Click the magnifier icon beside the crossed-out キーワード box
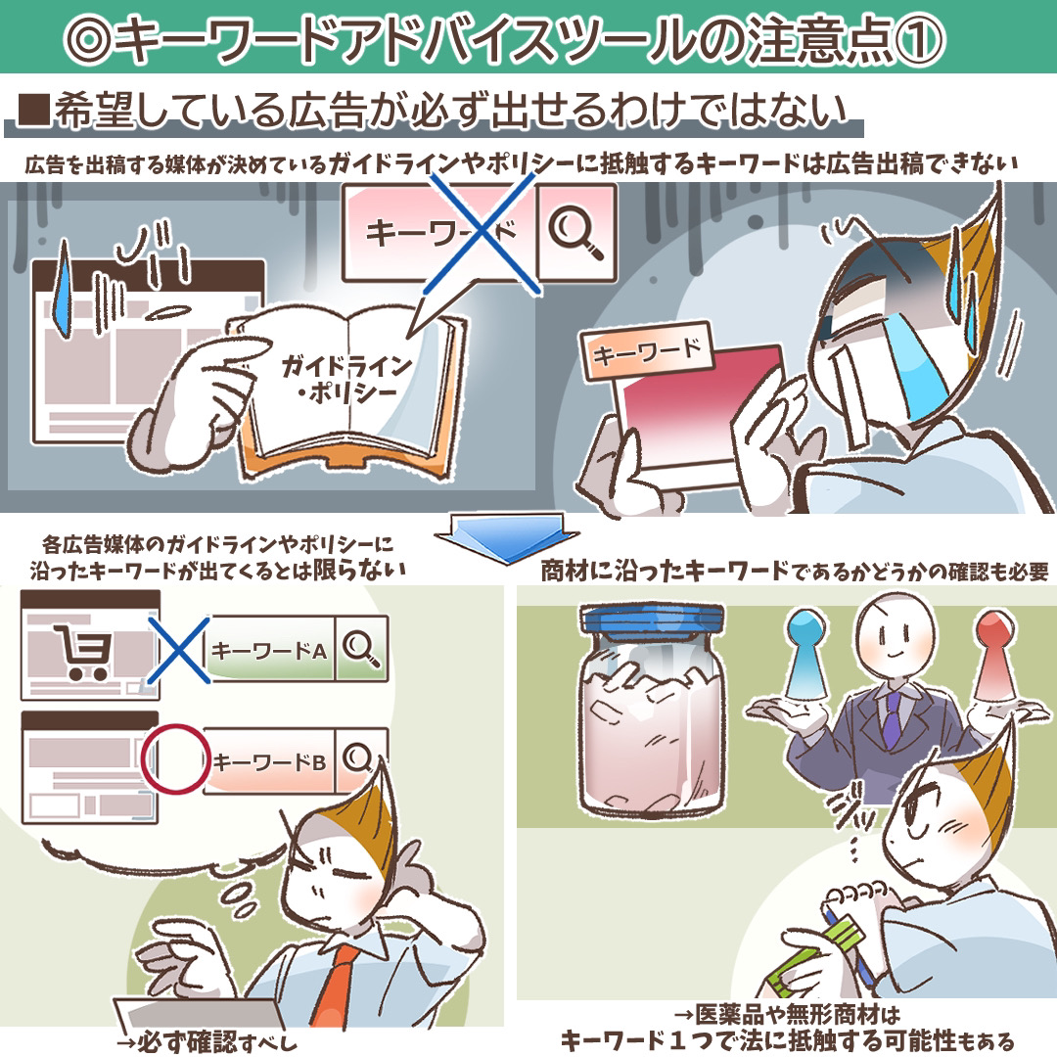click(575, 231)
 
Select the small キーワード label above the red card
click(646, 349)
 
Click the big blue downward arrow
click(506, 536)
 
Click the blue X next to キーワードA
click(178, 650)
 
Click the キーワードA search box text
click(269, 651)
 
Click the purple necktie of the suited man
click(892, 720)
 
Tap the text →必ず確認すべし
click(207, 1041)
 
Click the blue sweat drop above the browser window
click(63, 289)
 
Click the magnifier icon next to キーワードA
click(360, 648)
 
